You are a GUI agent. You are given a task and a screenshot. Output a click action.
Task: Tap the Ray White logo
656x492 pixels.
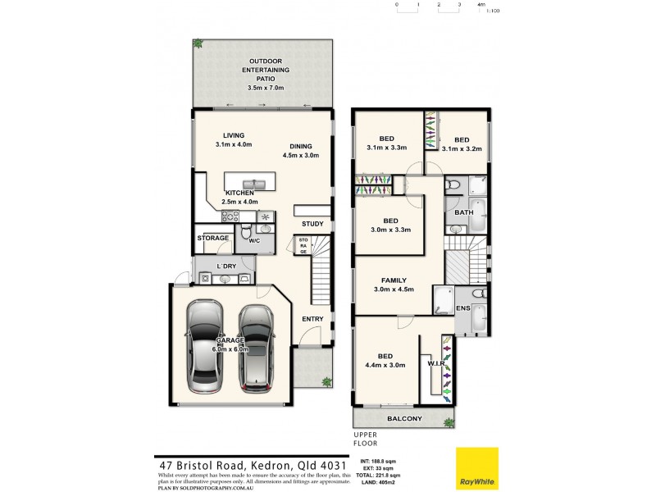coord(476,468)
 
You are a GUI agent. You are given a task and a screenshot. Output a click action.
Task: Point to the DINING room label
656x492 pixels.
coord(300,150)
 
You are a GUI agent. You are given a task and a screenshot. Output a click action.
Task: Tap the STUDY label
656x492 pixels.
coord(312,224)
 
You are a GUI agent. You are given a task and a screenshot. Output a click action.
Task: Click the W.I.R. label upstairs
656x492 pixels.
coord(435,362)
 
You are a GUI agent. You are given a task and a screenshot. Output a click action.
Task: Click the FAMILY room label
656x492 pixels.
coord(391,285)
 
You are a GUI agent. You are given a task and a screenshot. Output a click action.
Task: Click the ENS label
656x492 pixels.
coord(462,309)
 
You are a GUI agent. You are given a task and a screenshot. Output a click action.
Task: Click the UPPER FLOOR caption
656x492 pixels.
coord(365,439)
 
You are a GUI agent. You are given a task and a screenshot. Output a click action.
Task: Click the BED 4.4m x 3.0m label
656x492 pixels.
coord(385,361)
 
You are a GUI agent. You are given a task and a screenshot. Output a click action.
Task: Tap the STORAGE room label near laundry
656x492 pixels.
coord(212,238)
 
